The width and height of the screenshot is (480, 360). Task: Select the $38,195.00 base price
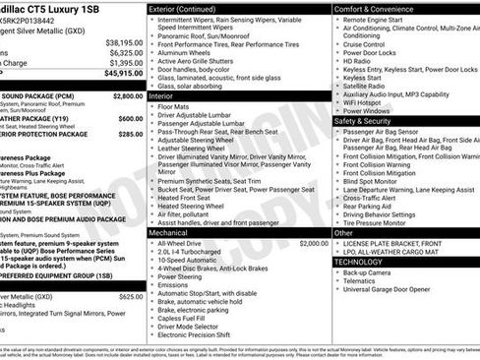point(125,42)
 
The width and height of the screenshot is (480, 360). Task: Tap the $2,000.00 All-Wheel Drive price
point(313,242)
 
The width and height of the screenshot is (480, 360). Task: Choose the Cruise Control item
point(364,43)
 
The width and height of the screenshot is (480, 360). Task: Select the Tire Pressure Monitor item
point(375,222)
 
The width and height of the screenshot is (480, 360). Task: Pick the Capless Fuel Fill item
point(186,317)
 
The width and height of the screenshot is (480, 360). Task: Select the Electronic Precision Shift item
point(201,334)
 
